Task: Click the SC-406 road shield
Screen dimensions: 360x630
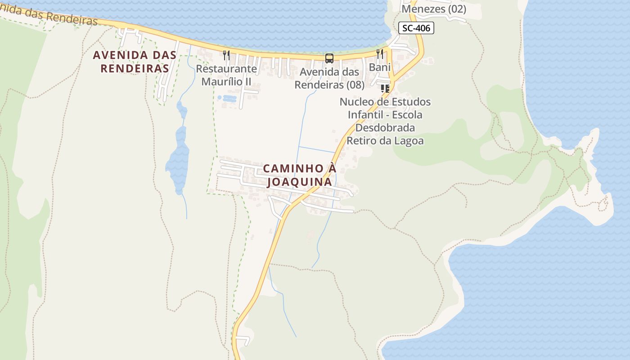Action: [x=416, y=28]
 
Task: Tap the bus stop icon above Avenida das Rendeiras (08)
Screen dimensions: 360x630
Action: [x=329, y=58]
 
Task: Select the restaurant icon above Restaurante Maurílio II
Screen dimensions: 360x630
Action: [x=226, y=55]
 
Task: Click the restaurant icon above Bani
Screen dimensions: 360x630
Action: [x=380, y=54]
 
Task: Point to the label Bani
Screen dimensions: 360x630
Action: [x=380, y=67]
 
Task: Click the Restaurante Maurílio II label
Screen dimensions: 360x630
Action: [x=226, y=75]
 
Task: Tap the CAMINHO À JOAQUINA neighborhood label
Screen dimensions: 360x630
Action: [x=300, y=175]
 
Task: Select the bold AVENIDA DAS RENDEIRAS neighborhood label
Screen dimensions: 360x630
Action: [x=134, y=62]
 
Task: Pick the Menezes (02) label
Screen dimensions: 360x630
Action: [x=434, y=9]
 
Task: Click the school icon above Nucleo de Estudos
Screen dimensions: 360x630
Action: [x=385, y=88]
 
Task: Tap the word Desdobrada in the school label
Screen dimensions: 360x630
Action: [x=385, y=128]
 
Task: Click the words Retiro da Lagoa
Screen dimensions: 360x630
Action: [x=385, y=140]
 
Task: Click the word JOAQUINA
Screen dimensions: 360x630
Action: [x=300, y=182]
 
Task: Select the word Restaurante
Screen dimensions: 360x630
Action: [x=226, y=69]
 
